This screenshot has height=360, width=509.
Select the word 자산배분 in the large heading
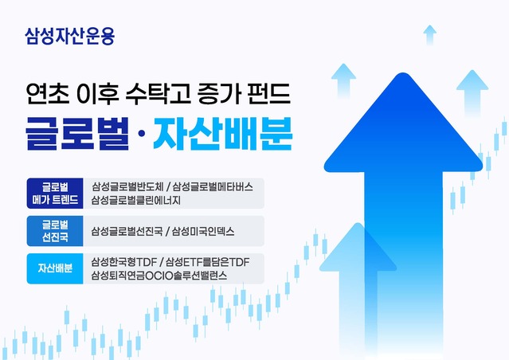224,135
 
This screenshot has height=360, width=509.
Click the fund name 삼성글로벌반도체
125,187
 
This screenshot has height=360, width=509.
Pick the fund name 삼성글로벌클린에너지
136,201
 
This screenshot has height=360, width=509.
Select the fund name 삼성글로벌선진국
125,231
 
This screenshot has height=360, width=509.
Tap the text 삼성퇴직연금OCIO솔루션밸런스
159,276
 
